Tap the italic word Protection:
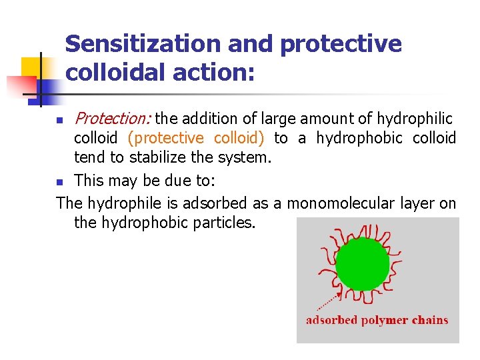(x=113, y=119)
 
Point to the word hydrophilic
(x=414, y=119)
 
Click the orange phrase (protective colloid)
(x=196, y=138)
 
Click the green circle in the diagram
(x=362, y=264)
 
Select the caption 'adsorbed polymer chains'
(x=377, y=320)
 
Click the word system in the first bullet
(x=248, y=157)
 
